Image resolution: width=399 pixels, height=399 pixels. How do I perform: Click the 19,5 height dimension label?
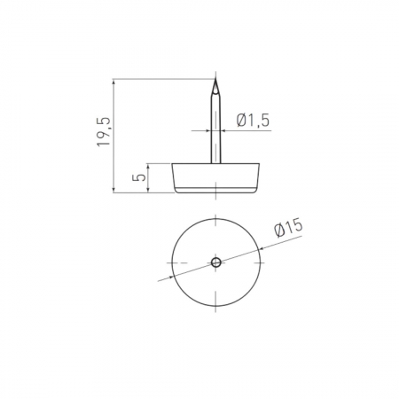(x=104, y=131)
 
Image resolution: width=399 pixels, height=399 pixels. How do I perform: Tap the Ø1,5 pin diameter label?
(x=254, y=121)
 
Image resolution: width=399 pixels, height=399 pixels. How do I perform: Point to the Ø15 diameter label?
(x=288, y=227)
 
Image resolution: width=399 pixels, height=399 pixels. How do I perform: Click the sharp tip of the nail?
(x=215, y=78)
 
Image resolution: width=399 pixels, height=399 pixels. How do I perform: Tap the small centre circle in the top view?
(x=216, y=262)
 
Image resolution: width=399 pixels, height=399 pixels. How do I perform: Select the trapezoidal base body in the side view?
(x=216, y=178)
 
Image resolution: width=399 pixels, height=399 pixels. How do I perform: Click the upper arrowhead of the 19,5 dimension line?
(x=113, y=82)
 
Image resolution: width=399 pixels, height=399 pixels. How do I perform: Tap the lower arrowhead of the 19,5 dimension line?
(x=113, y=190)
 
